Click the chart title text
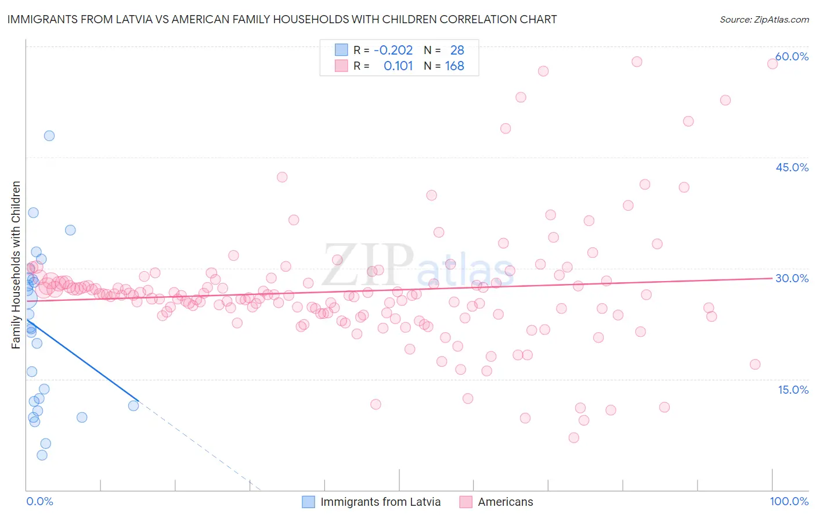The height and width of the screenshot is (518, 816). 282,20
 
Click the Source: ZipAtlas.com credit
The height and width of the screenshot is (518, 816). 764,20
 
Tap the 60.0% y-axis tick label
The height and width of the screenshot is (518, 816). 792,57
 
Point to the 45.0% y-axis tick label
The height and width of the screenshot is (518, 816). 792,167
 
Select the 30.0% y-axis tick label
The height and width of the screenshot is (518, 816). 792,278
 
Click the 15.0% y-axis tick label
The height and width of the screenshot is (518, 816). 793,390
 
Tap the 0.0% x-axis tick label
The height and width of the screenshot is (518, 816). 39,502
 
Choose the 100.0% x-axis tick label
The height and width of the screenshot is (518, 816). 789,502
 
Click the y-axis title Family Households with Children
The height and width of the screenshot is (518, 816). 16,265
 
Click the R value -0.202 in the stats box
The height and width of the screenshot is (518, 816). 393,51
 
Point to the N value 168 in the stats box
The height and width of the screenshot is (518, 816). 454,66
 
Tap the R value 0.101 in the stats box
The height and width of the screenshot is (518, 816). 398,66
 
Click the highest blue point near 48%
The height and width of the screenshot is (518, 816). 49,135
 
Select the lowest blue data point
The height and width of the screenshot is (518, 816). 42,455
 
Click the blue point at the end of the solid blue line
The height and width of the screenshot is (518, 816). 133,405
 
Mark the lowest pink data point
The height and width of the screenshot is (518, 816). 574,437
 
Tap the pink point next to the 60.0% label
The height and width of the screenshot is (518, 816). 772,63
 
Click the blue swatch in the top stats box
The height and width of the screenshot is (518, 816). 341,50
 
